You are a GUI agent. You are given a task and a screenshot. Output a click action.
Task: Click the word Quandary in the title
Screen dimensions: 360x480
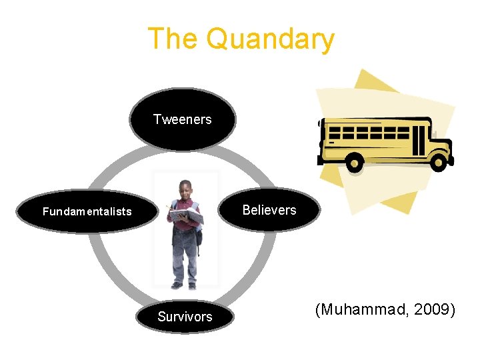(269, 39)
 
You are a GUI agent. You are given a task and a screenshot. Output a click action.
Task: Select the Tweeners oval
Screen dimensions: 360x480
(182, 119)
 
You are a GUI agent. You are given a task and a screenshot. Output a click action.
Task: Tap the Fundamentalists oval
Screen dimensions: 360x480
(87, 212)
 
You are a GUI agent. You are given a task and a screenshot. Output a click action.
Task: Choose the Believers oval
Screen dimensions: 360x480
(269, 210)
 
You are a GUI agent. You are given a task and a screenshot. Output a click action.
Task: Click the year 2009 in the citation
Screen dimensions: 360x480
(434, 309)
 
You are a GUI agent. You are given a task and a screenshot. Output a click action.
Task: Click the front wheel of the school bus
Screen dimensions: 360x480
(438, 161)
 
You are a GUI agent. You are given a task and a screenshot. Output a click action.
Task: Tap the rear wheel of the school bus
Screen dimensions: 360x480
(355, 162)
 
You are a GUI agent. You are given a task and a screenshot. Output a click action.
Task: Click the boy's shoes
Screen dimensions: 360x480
(184, 285)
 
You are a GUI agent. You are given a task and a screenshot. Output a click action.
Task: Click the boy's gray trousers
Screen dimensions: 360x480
(183, 257)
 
